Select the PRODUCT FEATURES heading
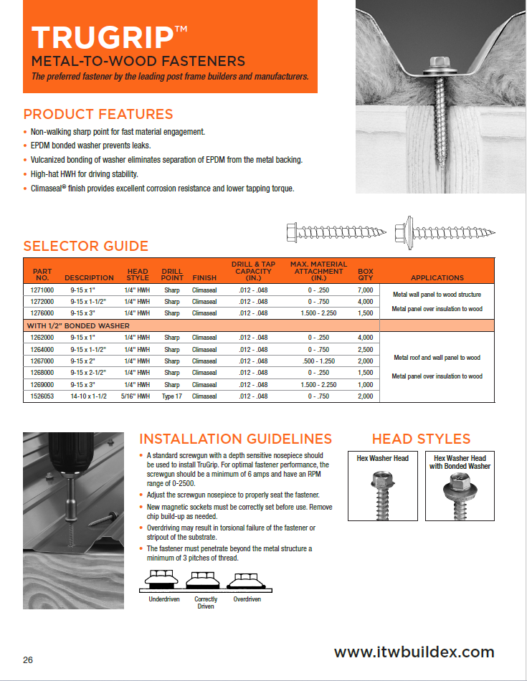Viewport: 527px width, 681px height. click(x=98, y=114)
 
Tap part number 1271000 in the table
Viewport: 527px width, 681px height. click(x=43, y=290)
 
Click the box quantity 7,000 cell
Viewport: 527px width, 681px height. click(x=365, y=290)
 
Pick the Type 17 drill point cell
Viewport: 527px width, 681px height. click(x=172, y=396)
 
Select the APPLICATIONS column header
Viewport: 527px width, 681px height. click(x=437, y=277)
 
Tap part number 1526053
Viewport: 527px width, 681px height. click(x=43, y=396)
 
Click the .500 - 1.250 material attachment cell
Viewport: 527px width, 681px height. click(x=308, y=361)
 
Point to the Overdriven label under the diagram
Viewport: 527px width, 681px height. click(x=247, y=599)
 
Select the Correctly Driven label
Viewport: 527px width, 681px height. click(x=205, y=602)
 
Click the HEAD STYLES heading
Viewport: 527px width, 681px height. click(x=421, y=439)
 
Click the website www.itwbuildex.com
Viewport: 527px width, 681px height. click(x=414, y=652)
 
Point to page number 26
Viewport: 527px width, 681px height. click(x=28, y=660)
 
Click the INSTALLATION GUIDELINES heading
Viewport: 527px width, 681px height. click(x=235, y=439)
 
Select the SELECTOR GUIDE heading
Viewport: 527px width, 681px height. click(x=85, y=246)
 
